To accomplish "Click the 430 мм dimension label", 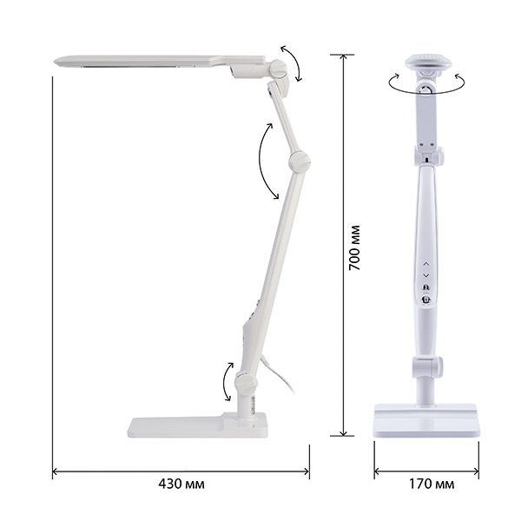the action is click(x=181, y=484).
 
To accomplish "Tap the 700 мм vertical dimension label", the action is click(x=354, y=247).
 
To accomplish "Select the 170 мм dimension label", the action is click(x=431, y=484).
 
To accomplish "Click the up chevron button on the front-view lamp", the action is click(x=426, y=263).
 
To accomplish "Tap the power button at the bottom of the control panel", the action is click(x=426, y=300).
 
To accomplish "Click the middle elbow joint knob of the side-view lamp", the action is click(x=300, y=161).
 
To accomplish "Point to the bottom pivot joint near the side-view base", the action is click(x=247, y=382).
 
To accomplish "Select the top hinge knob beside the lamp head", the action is click(x=279, y=69).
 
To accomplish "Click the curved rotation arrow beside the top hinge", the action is click(x=294, y=63).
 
